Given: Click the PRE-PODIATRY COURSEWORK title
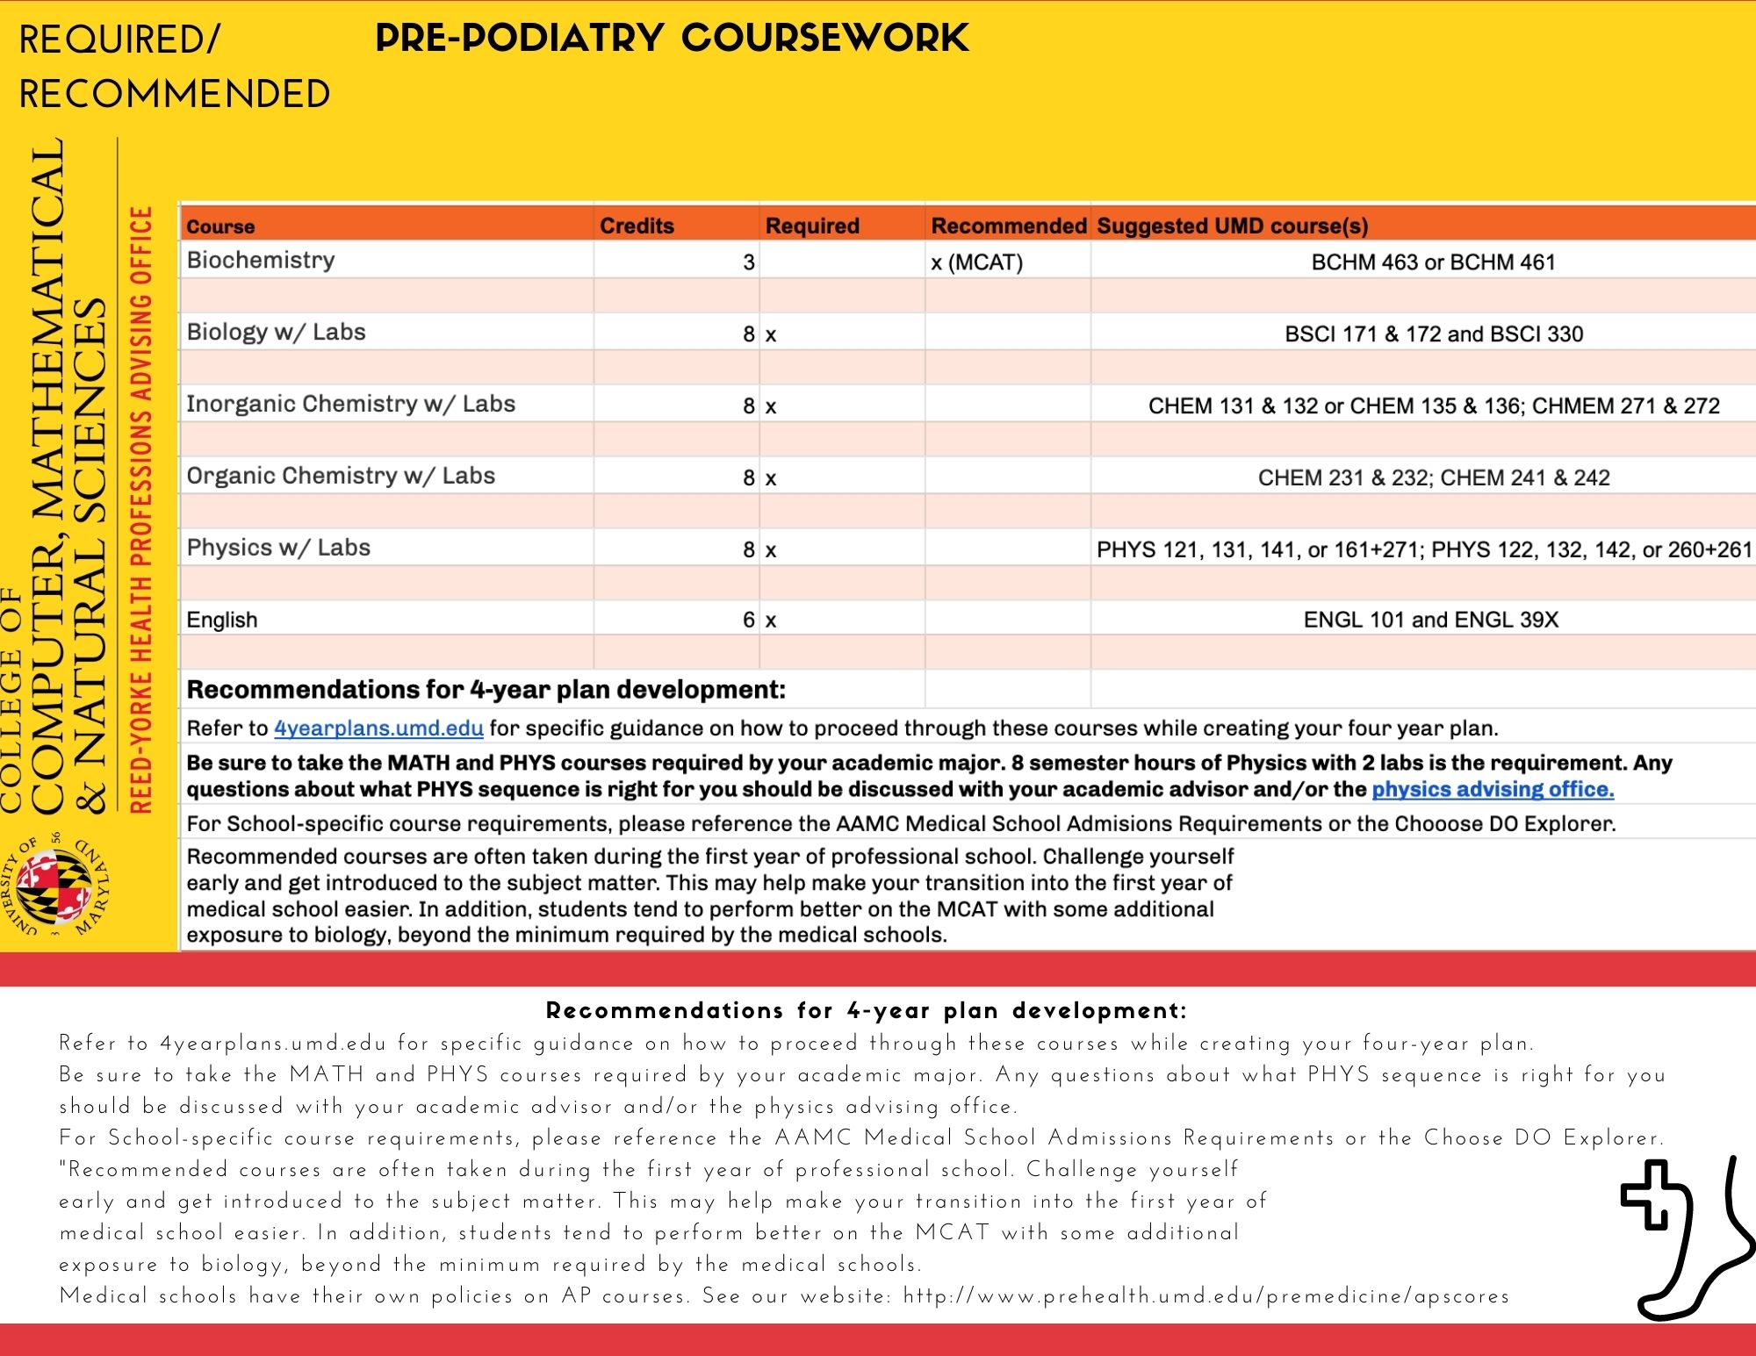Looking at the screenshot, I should pos(672,39).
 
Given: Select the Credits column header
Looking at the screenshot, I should pos(637,226).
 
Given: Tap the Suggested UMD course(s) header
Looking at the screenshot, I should pos(1232,226).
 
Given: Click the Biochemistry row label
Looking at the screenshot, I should pos(261,261).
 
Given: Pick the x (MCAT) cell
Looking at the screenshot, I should pos(977,262).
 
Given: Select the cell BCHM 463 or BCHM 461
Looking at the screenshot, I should pos(1433,262).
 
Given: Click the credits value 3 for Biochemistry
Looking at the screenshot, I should pos(748,262).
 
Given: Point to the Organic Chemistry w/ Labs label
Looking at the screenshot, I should pos(341,476).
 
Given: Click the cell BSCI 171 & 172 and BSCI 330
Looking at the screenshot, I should pos(1433,334).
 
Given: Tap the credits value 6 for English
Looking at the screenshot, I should pos(748,620).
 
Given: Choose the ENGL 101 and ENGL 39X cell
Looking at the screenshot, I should pos(1430,620).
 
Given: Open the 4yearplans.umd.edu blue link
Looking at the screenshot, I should pos(378,728).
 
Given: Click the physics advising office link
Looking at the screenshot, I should pos(1492,789).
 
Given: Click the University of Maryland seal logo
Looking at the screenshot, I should pos(58,886).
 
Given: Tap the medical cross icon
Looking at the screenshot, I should pos(1656,1195).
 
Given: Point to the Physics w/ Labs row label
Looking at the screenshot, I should pos(278,548).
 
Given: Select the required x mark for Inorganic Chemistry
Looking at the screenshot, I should pos(770,406).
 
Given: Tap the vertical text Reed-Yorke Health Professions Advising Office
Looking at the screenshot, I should pos(140,509).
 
